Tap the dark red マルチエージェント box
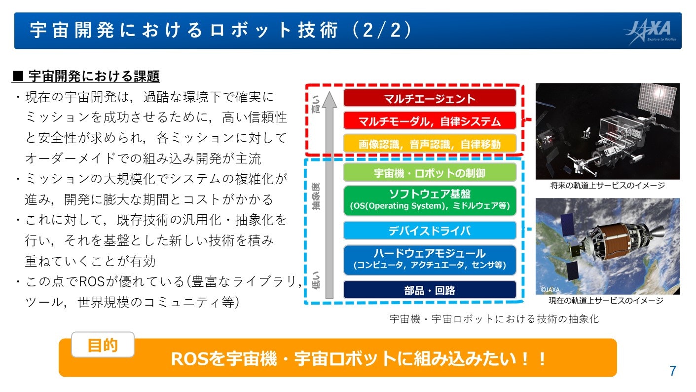(430, 98)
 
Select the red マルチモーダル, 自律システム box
(430, 121)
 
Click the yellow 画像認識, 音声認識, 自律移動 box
(430, 144)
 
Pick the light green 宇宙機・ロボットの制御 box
(430, 172)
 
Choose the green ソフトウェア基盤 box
(430, 200)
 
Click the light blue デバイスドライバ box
(430, 230)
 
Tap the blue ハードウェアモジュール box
(430, 260)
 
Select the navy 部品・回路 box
(430, 290)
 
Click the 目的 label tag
(103, 345)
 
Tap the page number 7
(673, 371)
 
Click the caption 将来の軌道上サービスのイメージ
(607, 186)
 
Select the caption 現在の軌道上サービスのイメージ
(606, 301)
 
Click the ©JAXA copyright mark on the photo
(550, 290)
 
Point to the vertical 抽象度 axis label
(316, 196)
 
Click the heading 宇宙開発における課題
(94, 76)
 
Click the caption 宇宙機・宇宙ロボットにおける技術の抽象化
(494, 319)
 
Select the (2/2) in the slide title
(382, 30)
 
